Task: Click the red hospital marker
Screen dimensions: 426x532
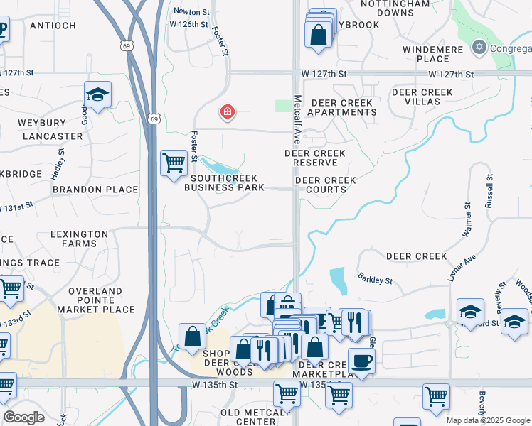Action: point(228,112)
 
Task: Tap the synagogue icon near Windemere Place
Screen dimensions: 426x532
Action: point(479,48)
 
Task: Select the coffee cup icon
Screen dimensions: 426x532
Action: point(361,361)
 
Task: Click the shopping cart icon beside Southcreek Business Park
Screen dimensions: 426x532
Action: point(174,163)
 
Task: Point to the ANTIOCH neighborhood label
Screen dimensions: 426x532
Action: point(53,26)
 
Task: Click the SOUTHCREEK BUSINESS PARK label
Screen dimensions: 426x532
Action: point(224,183)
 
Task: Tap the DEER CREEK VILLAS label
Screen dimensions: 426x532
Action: point(422,97)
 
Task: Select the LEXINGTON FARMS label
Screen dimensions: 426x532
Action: point(79,239)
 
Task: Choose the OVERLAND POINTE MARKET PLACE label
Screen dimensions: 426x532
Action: point(101,300)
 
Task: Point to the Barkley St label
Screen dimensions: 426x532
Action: point(376,279)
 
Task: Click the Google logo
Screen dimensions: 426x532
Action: point(23,417)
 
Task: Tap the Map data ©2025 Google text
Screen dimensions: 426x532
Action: point(488,420)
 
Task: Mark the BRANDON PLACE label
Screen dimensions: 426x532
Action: point(95,190)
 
